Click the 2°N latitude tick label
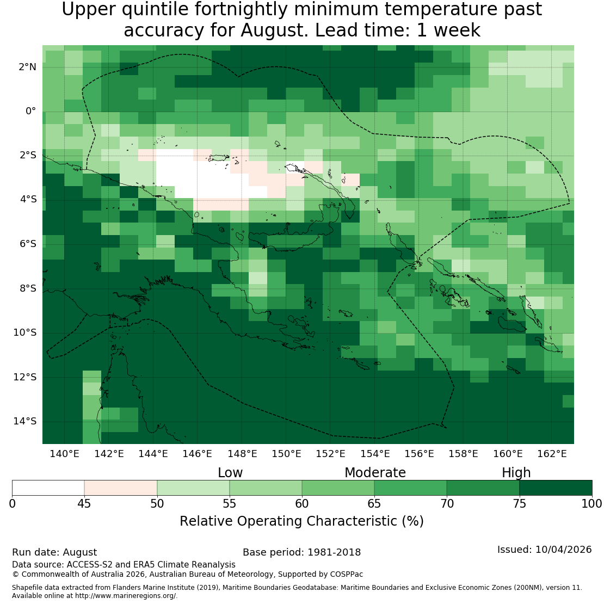[27, 67]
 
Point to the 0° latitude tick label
[31, 112]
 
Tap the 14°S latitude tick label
[25, 421]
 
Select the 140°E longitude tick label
[64, 454]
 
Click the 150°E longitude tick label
[286, 454]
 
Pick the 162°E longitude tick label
[552, 454]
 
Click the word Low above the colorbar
[230, 473]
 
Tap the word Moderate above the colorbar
[375, 473]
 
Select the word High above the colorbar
[516, 473]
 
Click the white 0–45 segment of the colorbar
[48, 488]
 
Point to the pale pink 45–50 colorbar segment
[121, 488]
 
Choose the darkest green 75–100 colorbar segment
[556, 488]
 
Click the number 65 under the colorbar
[374, 503]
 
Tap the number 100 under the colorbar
[591, 503]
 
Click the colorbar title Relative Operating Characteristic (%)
[301, 521]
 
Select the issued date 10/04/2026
[563, 550]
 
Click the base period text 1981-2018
[334, 552]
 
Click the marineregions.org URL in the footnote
[126, 596]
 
